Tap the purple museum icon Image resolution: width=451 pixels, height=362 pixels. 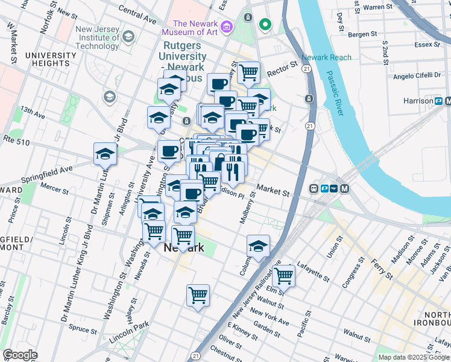pos(227,26)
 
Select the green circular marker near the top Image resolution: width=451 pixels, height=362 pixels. pos(264,25)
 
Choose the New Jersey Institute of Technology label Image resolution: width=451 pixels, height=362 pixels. pos(97,37)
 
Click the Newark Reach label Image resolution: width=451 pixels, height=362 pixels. pos(326,57)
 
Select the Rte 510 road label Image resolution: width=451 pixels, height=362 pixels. pos(22,138)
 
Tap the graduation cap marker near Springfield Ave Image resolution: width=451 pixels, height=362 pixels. pos(105,154)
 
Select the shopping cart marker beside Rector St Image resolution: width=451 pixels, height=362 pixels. pos(248,72)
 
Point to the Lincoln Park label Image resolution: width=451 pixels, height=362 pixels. pos(129,333)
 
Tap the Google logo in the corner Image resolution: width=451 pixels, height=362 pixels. pos(19,355)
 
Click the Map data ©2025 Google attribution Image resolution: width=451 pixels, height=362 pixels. pos(414,357)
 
